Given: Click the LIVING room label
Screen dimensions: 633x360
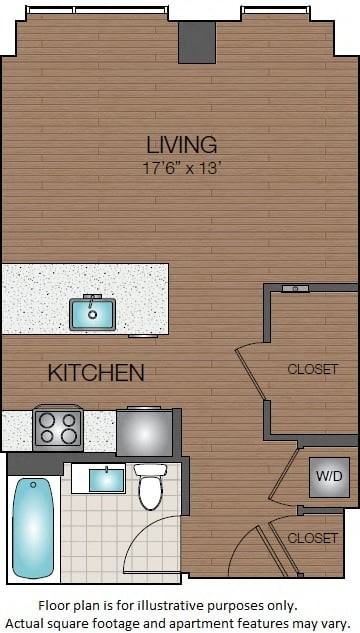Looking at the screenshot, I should pos(181,144).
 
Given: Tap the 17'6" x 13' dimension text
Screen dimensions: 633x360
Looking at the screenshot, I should pos(181,167).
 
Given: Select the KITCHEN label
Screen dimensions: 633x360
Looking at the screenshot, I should pos(96,373).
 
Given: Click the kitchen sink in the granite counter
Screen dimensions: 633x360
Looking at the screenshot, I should pos(92,314).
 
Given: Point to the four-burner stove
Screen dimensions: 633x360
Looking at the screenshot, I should pos(58,428).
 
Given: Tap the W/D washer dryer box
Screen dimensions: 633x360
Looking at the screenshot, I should pos(328,476).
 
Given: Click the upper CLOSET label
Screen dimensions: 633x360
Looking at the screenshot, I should pos(312,369).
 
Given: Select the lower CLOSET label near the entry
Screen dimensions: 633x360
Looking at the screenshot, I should pos(312,538).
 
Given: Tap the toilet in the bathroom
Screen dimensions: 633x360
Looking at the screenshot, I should pos(150,489).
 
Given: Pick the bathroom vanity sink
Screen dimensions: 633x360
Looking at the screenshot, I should pos(107,480).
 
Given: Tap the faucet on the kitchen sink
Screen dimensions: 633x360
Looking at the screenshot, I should pos(91,299).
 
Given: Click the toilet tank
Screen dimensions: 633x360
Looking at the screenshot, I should pos(150,470).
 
